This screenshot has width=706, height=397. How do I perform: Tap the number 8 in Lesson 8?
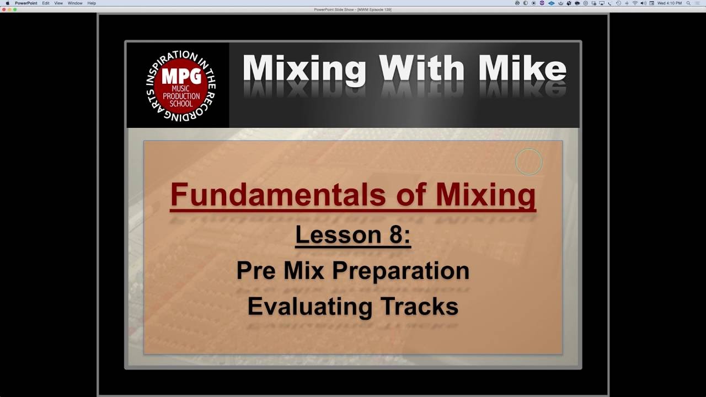397,235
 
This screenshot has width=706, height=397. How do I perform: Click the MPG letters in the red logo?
181,77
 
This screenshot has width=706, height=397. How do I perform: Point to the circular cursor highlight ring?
528,162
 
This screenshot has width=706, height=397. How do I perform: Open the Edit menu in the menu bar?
46,3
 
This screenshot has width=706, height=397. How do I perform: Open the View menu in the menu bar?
58,3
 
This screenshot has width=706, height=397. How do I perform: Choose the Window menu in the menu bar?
75,3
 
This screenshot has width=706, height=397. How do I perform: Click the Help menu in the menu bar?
92,3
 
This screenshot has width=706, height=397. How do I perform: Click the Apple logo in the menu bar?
7,3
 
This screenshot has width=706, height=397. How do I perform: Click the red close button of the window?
3,9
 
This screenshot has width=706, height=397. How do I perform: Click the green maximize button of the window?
14,9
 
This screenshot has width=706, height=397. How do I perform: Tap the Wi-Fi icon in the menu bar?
635,3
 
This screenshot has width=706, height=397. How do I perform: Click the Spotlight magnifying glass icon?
688,3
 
